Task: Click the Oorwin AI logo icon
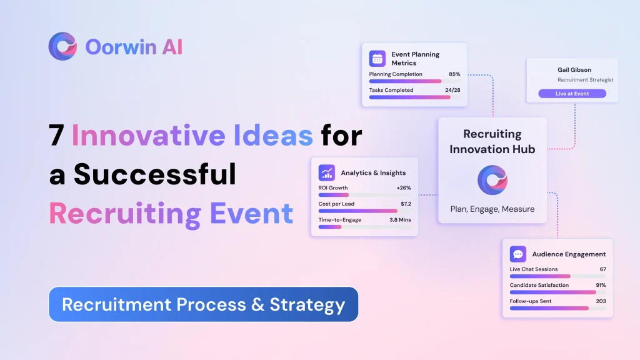[x=62, y=46]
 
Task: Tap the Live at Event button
[x=572, y=94]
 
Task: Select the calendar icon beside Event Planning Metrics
[x=377, y=59]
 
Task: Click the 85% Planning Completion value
[x=454, y=74]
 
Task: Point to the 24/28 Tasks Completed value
[x=452, y=90]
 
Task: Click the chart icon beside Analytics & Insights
[x=327, y=173]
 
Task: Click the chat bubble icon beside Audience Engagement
[x=518, y=254]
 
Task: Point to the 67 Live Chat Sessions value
[x=602, y=269]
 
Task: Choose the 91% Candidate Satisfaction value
[x=601, y=285]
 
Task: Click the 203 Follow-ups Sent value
[x=601, y=301]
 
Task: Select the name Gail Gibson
[x=574, y=70]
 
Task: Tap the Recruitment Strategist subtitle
[x=585, y=80]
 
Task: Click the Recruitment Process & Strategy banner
[x=204, y=304]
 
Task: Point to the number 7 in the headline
[x=56, y=135]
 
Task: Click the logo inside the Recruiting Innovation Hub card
[x=492, y=179]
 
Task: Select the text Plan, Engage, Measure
[x=492, y=209]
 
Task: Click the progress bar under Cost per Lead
[x=358, y=211]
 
